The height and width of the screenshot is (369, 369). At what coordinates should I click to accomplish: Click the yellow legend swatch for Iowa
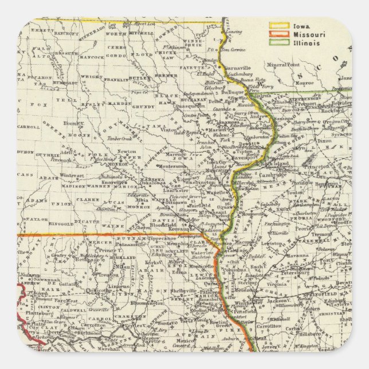279,26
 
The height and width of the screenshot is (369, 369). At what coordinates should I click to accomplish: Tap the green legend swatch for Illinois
279,42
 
